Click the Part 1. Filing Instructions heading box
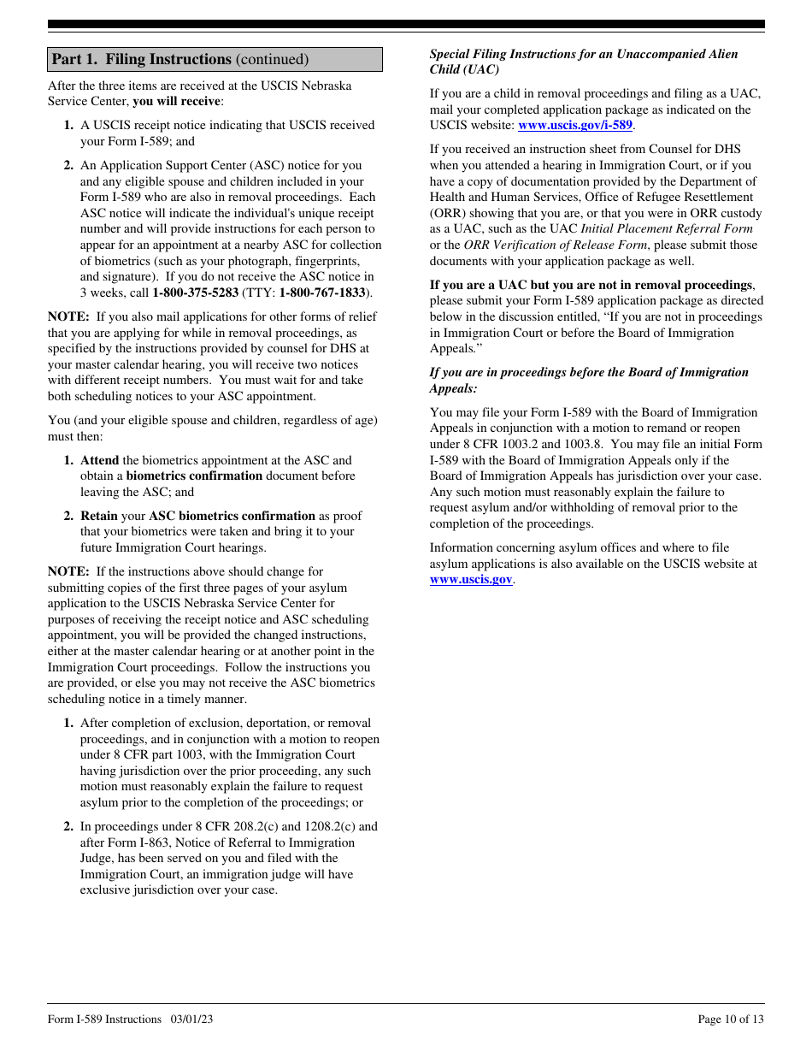click(215, 59)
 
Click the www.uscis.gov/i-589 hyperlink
click(575, 125)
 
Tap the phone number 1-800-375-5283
click(195, 293)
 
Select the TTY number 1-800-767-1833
click(322, 293)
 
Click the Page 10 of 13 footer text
click(730, 1019)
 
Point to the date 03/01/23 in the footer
click(191, 1019)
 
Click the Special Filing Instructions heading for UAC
click(583, 62)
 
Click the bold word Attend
click(99, 460)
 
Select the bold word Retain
click(99, 516)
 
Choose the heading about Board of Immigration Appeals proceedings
click(588, 380)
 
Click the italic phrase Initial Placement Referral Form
click(667, 228)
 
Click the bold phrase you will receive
click(177, 101)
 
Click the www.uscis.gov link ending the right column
click(471, 579)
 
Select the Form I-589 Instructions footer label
click(104, 1019)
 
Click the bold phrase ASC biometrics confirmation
click(232, 516)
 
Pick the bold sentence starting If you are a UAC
click(591, 285)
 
